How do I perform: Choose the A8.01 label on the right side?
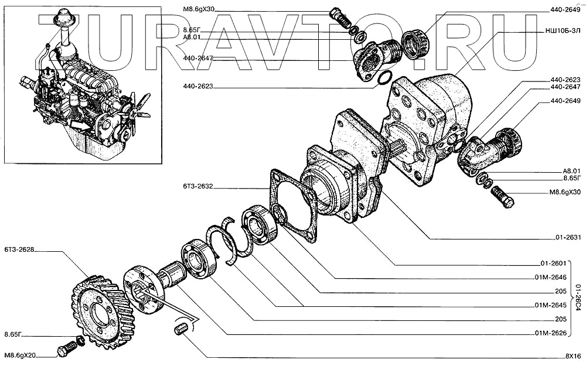pyautogui.click(x=570, y=171)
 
